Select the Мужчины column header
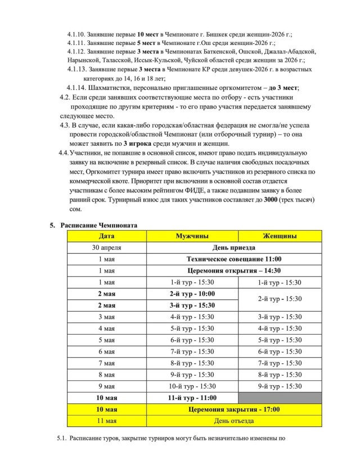tap(192, 236)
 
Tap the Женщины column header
tap(280, 236)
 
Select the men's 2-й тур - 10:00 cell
tap(192, 294)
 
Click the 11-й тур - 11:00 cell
tap(192, 398)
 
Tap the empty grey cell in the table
tap(280, 398)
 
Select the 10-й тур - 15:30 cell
tap(192, 386)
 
